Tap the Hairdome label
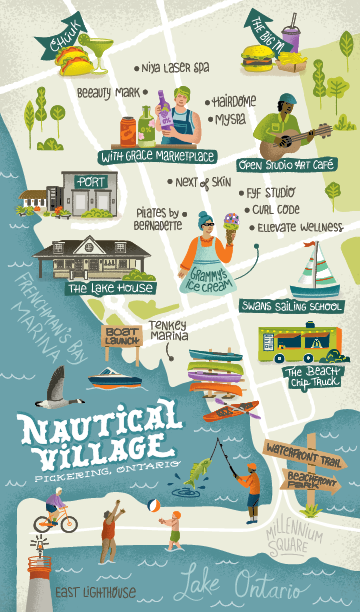coord(233,102)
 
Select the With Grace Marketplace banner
coord(158,156)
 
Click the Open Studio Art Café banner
coord(286,163)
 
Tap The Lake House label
coord(110,288)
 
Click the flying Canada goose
coord(59,390)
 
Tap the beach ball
coord(154,506)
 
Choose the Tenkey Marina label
coord(168,331)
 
